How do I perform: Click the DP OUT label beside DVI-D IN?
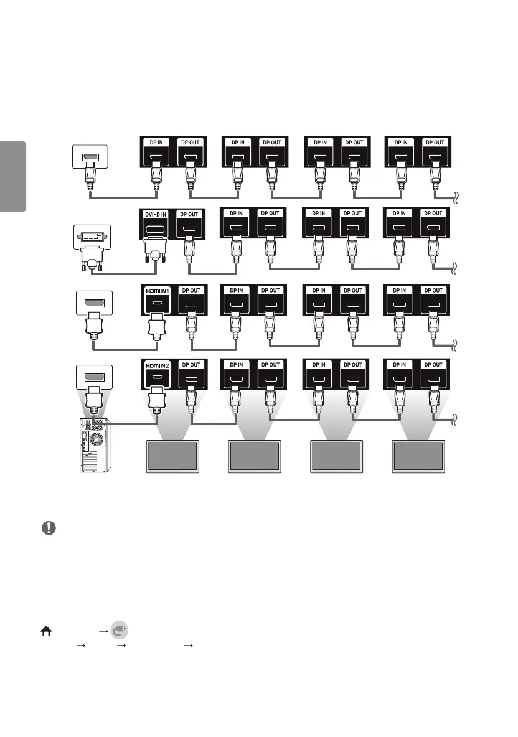190,214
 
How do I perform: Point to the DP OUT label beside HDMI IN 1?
190,291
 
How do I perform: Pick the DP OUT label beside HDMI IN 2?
190,365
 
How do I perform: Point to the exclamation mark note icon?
49,528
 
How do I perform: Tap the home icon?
46,630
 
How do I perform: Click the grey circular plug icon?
120,630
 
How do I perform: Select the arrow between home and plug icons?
103,630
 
